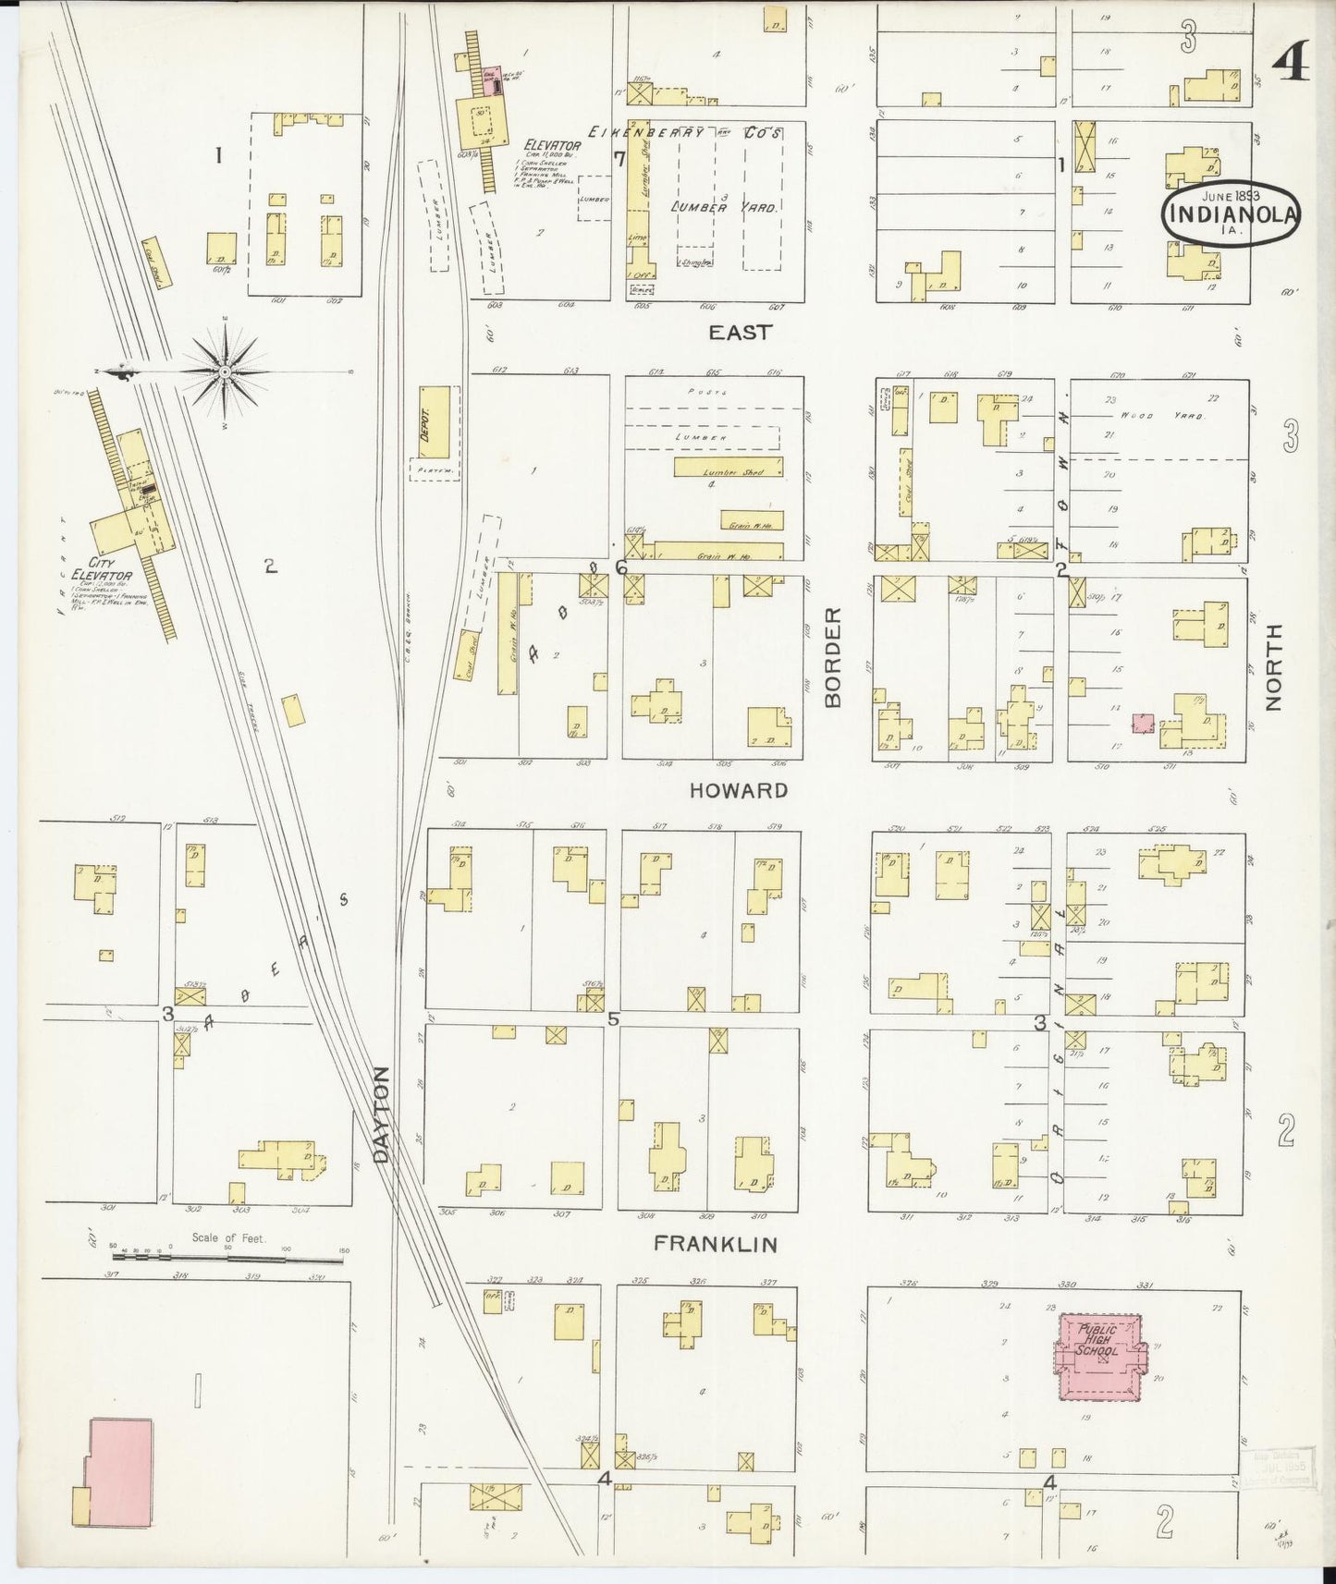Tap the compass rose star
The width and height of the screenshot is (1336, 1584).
(x=225, y=372)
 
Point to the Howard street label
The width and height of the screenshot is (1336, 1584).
(x=739, y=790)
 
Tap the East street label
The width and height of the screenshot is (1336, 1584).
(x=740, y=333)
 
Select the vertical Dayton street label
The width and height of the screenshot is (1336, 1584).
(x=383, y=1114)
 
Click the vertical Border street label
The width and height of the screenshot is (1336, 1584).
(x=834, y=657)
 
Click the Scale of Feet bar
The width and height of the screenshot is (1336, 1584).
(x=227, y=1257)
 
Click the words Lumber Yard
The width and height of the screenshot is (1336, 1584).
(x=724, y=208)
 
